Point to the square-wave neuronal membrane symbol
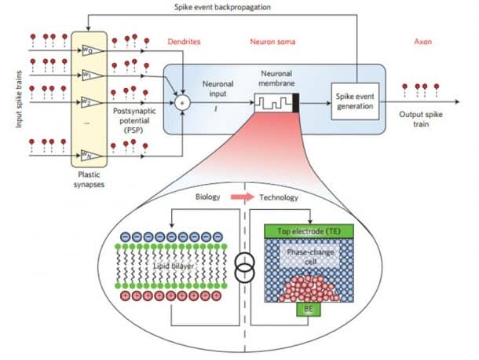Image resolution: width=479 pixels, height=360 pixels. pos(272,101)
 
